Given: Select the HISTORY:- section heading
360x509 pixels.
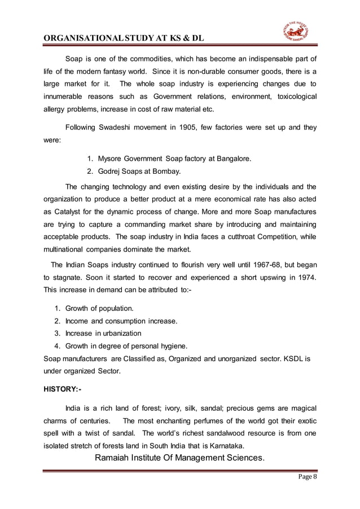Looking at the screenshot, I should pyautogui.click(x=66, y=389).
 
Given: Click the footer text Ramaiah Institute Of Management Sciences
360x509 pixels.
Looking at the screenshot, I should pyautogui.click(x=179, y=457).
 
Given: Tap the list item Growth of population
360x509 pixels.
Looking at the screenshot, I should pyautogui.click(x=99, y=308).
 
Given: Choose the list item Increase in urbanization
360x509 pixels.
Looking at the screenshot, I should pyautogui.click(x=103, y=333).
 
